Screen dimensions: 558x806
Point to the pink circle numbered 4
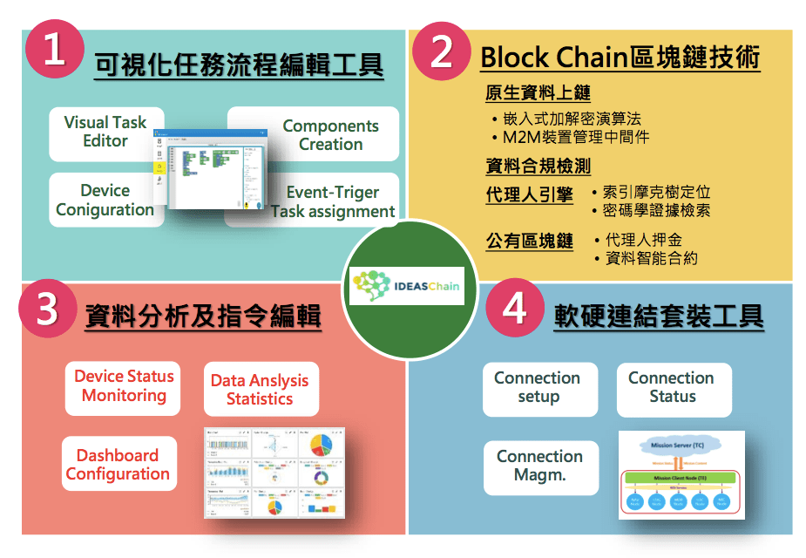coord(515,308)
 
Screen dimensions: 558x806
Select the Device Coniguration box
coord(105,201)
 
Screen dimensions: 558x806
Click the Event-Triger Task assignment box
coord(332,201)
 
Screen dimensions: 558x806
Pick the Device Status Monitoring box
coord(123,386)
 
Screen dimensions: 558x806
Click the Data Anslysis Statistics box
coord(260,390)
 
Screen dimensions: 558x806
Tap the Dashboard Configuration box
coord(119,465)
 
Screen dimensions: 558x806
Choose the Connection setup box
coord(538,387)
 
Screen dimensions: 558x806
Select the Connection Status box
coord(672,387)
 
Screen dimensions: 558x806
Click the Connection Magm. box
coord(539,466)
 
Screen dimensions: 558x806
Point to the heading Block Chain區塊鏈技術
coord(620,58)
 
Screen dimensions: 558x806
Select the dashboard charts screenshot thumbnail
coord(274,472)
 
